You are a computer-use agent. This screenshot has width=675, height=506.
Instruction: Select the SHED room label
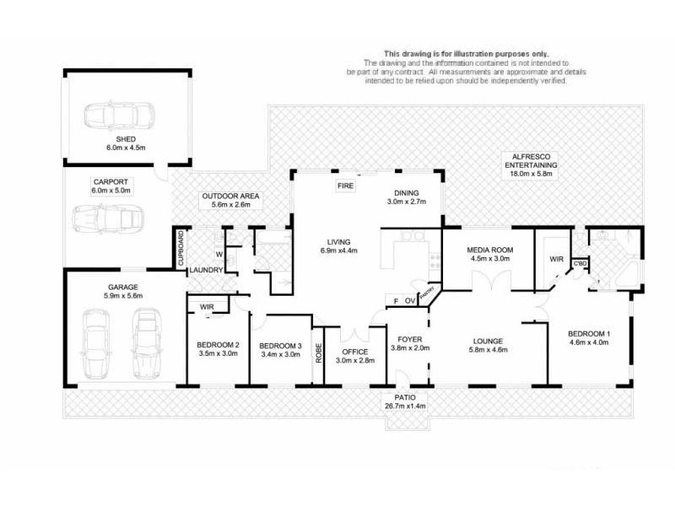coord(126,139)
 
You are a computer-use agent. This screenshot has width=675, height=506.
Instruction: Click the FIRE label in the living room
coord(346,185)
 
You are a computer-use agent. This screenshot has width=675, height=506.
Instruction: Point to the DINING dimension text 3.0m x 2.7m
coord(408,202)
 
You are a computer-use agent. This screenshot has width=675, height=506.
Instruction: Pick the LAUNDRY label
coord(206,270)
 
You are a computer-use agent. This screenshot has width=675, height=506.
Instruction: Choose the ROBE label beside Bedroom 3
coord(318,353)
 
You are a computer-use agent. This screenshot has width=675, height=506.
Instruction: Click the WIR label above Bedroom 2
coord(206,307)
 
